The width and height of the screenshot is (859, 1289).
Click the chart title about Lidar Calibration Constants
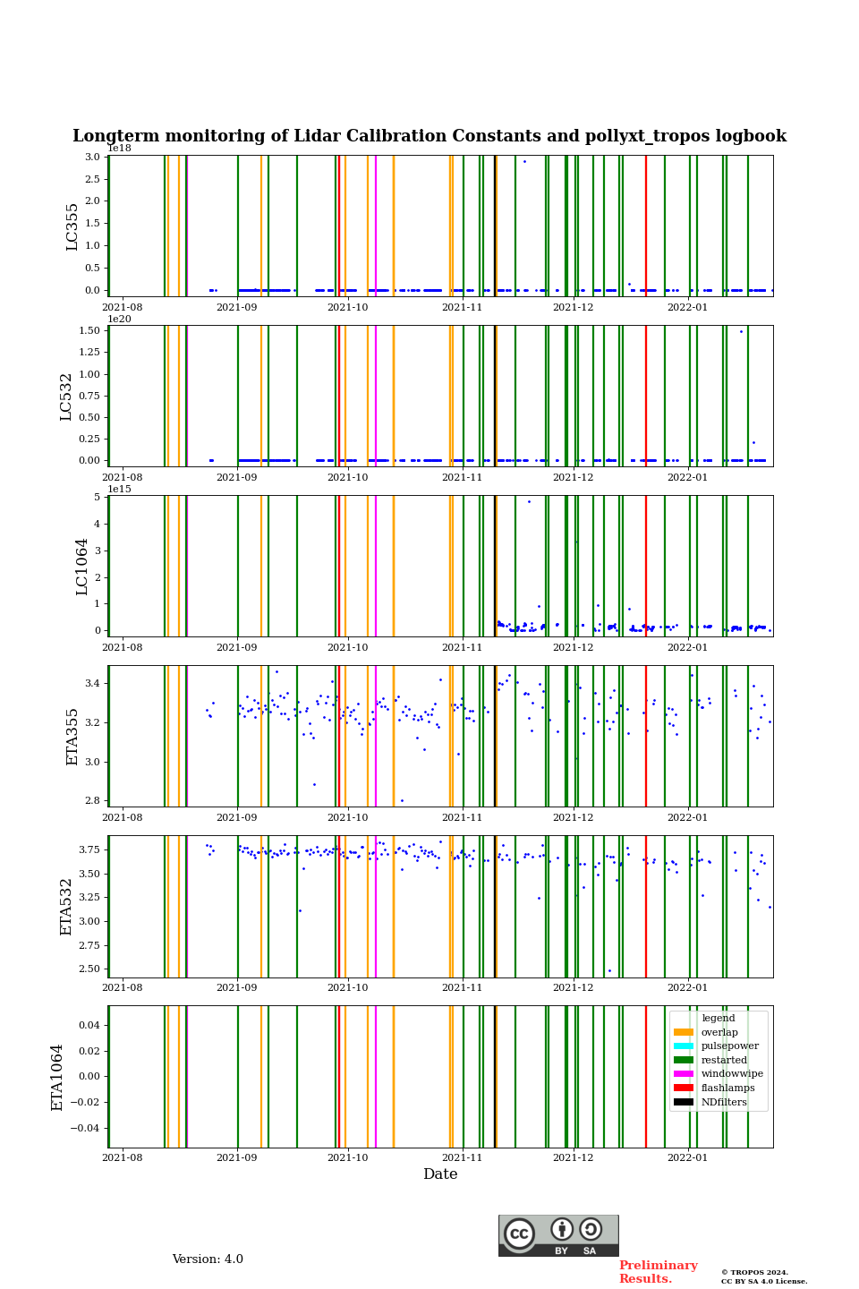(429, 136)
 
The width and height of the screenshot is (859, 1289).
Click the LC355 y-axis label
(72, 226)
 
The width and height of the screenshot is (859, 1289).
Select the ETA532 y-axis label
(66, 906)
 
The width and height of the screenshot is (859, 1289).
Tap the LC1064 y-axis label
(82, 566)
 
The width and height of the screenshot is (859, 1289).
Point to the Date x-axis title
(440, 1174)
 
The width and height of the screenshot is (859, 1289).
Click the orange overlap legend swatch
(684, 1032)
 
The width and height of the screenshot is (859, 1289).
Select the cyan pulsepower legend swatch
(684, 1046)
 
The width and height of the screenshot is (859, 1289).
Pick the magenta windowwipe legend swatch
(684, 1073)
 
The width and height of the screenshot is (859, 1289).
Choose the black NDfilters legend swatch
(684, 1102)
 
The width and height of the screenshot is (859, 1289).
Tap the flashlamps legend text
(727, 1088)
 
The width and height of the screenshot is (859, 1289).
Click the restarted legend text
(724, 1060)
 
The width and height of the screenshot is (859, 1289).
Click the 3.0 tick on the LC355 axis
(92, 158)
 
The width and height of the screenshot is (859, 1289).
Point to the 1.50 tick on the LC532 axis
(89, 331)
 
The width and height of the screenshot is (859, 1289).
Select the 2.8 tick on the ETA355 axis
(92, 801)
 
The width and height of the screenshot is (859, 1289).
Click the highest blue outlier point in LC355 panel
(524, 161)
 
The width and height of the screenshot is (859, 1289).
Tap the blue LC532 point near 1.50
(741, 331)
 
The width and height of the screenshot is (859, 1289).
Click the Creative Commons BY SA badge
(558, 1235)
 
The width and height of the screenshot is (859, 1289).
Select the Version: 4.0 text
(208, 1259)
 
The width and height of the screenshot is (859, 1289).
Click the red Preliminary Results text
(658, 1272)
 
